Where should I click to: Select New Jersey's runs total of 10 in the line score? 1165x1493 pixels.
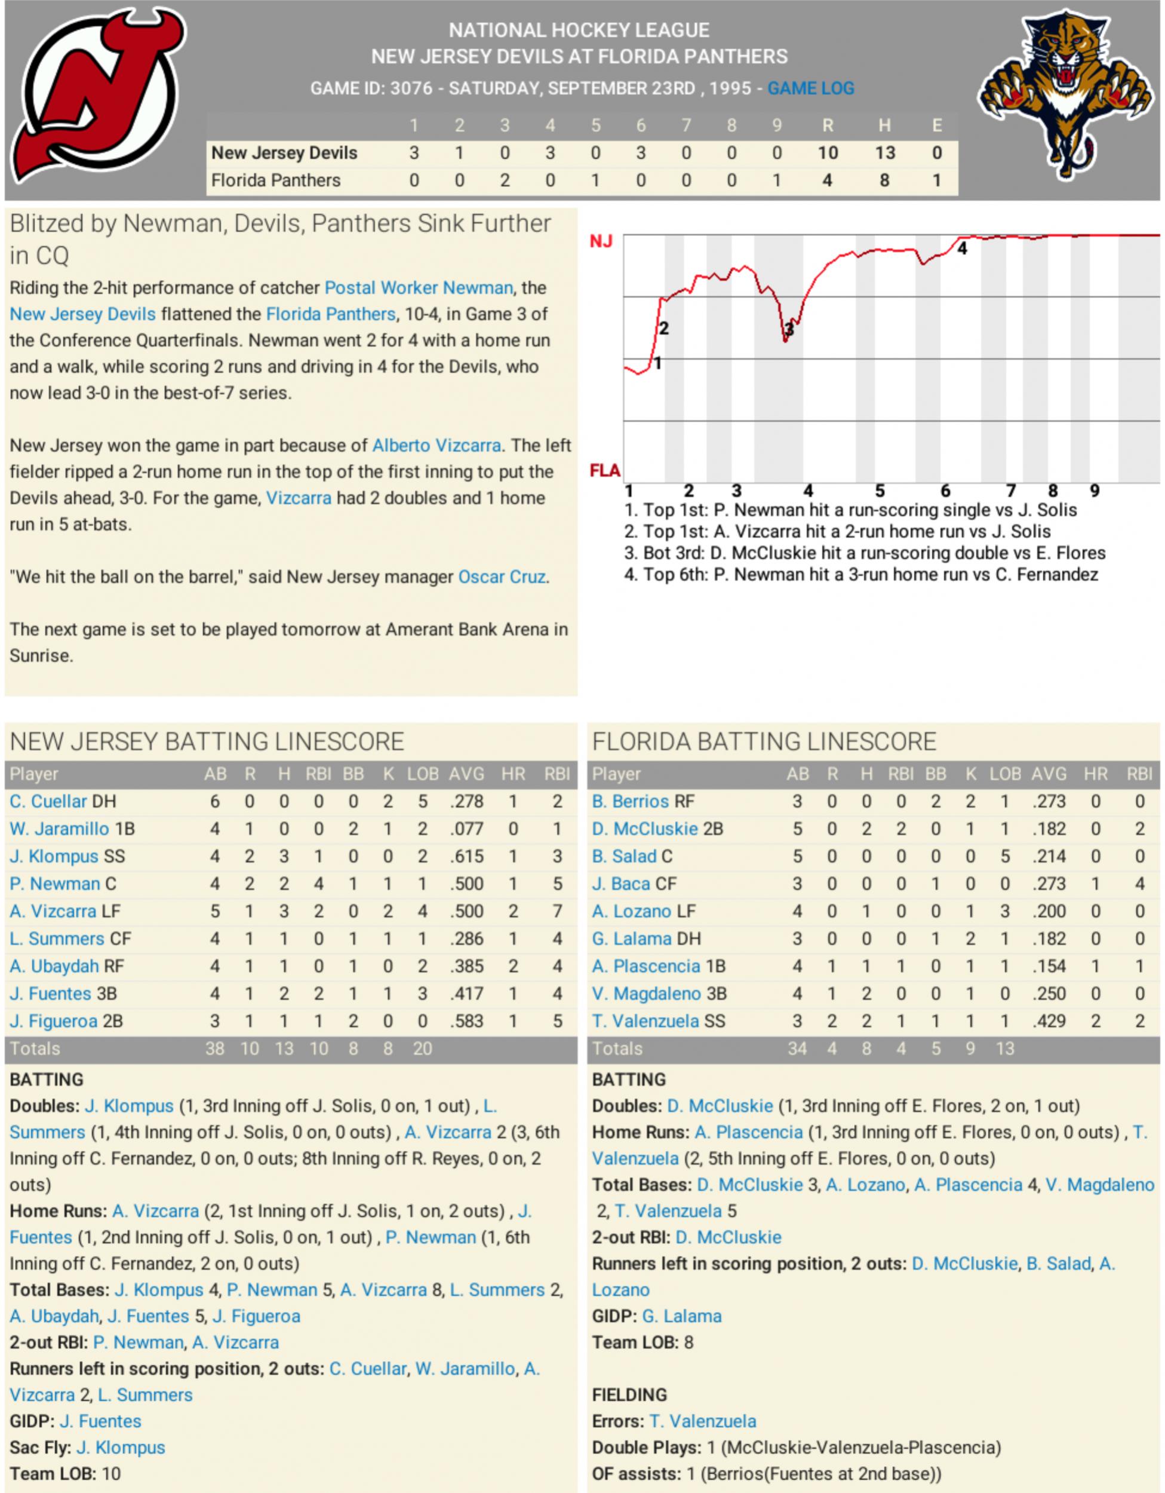click(x=828, y=153)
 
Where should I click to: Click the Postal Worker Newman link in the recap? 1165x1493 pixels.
click(x=418, y=288)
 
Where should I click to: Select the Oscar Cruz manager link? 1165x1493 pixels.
click(x=502, y=577)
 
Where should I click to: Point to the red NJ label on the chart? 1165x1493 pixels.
click(x=601, y=242)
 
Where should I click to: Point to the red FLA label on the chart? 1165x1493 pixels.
click(x=605, y=471)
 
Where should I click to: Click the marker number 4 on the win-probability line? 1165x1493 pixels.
click(x=962, y=249)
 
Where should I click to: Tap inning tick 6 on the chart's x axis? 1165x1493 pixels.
click(x=945, y=491)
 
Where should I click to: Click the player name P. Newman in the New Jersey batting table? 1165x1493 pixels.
click(x=55, y=884)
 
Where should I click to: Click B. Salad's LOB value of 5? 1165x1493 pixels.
click(x=1004, y=857)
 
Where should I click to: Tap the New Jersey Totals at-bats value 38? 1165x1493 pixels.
click(x=214, y=1049)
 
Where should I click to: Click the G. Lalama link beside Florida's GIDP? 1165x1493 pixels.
click(x=681, y=1316)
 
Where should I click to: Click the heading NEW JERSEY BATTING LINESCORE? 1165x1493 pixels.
click(x=207, y=741)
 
